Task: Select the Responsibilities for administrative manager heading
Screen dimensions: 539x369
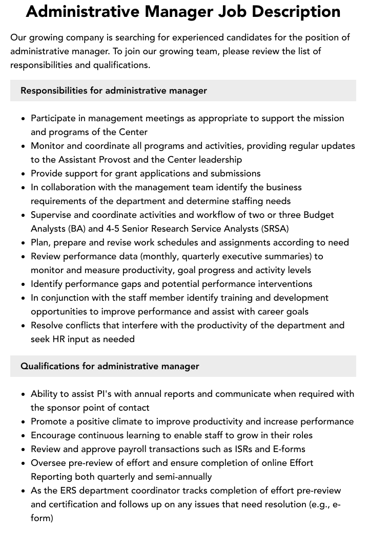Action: (114, 91)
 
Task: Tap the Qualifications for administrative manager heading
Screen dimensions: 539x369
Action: (110, 366)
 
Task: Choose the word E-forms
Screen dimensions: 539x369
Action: (288, 449)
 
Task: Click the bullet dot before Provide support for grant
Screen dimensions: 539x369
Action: (24, 174)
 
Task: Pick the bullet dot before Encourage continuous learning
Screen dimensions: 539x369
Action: (24, 436)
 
